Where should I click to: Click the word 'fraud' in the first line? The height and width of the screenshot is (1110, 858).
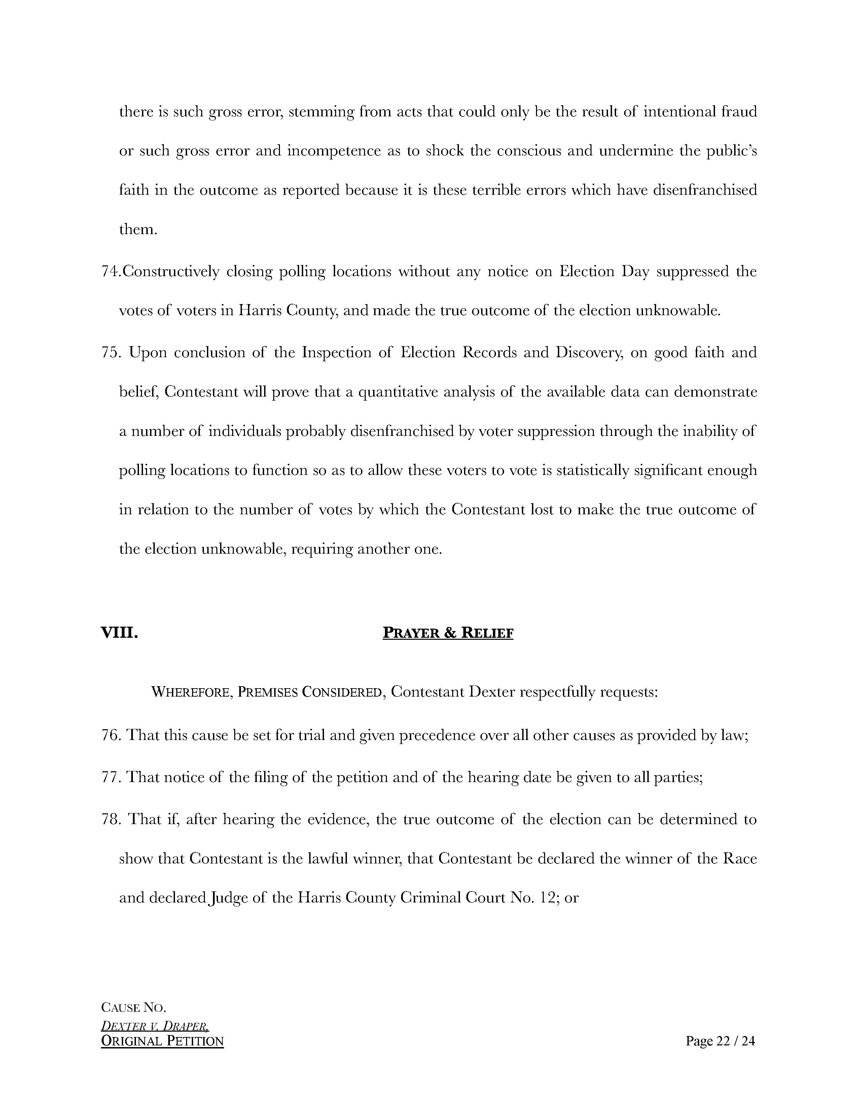click(x=739, y=111)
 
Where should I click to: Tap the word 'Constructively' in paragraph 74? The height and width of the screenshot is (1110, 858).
click(x=171, y=271)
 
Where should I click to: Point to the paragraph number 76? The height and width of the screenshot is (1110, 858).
click(x=110, y=735)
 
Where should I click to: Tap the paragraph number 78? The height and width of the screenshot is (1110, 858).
click(x=110, y=819)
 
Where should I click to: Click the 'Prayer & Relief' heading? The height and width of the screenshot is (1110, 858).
click(x=448, y=633)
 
